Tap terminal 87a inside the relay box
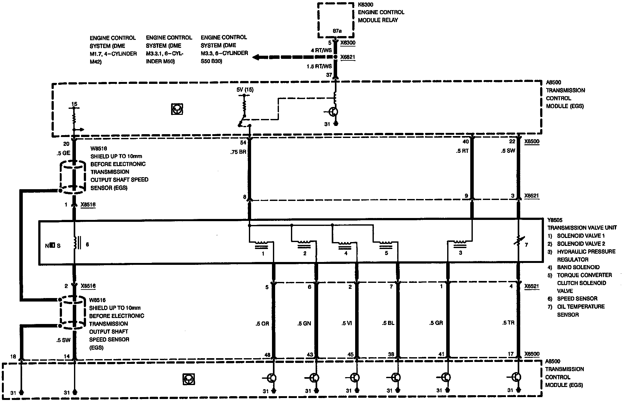(337, 31)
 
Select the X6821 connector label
(348, 57)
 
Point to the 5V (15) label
(245, 90)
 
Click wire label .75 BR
(238, 152)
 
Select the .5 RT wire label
(462, 151)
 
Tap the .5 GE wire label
(63, 153)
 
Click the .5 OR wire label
(262, 324)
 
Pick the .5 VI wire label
(347, 323)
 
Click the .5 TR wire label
(508, 323)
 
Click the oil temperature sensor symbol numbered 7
(518, 241)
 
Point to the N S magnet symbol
(53, 246)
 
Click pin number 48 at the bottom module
(267, 355)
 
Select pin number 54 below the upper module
(243, 143)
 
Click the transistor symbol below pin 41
(446, 377)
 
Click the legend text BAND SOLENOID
(578, 267)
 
